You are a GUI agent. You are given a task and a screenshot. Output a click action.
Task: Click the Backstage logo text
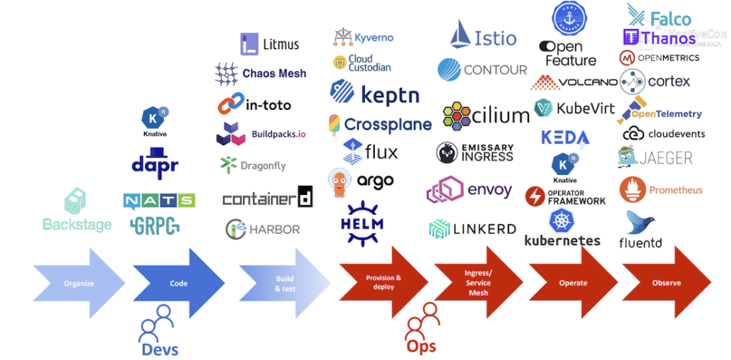click(x=77, y=224)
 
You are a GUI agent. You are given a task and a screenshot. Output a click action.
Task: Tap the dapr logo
click(x=155, y=162)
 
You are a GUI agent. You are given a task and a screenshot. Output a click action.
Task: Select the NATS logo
click(x=158, y=201)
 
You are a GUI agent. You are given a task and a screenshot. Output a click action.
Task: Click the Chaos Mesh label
click(x=274, y=73)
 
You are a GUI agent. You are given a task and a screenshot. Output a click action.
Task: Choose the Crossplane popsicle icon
click(x=334, y=124)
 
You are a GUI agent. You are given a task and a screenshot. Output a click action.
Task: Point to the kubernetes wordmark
click(x=563, y=240)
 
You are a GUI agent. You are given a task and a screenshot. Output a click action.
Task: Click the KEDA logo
click(x=565, y=137)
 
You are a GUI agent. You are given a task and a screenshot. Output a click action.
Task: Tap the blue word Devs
click(x=160, y=349)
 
